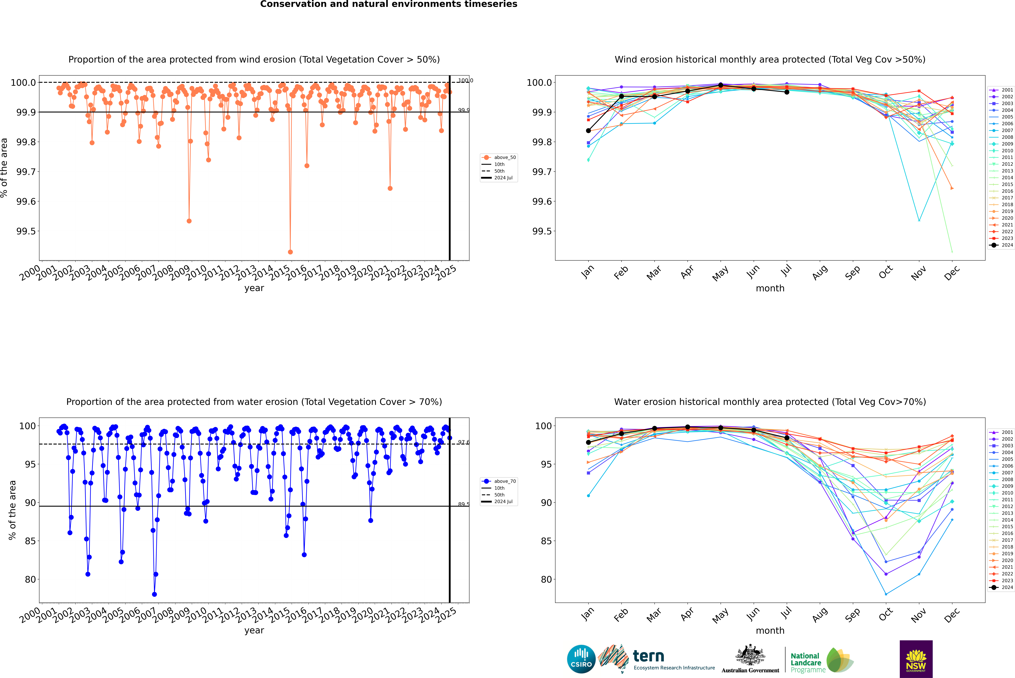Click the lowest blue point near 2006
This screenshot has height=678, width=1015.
click(154, 594)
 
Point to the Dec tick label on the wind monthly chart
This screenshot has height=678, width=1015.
click(952, 273)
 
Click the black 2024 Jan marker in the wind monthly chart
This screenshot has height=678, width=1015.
click(588, 131)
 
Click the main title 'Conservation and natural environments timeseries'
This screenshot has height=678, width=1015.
click(388, 4)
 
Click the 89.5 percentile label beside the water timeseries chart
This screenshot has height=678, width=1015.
click(464, 504)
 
